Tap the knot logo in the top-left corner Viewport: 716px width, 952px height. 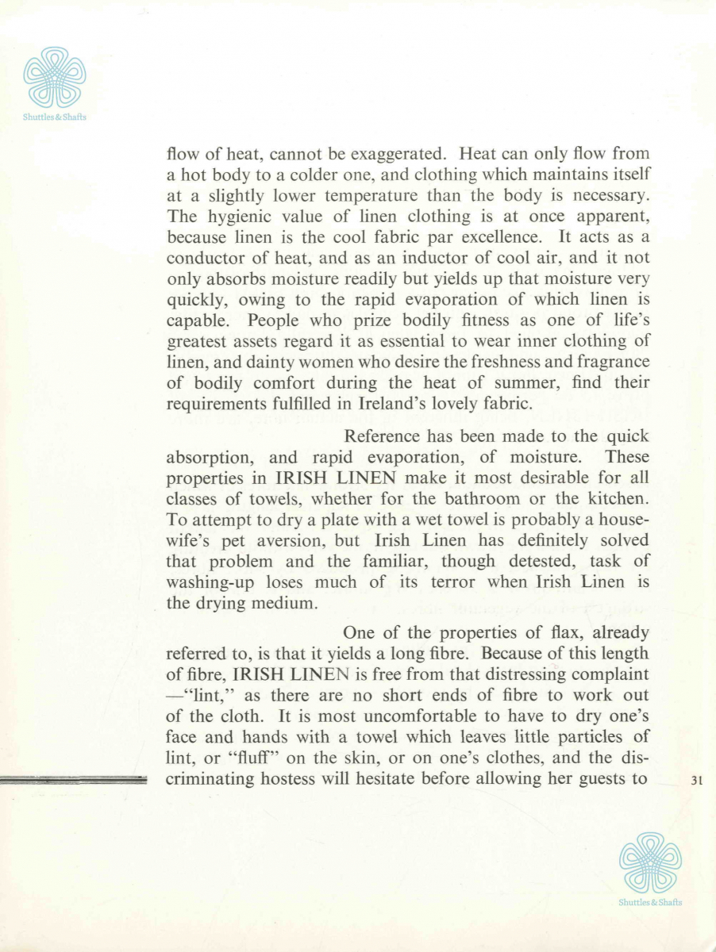(x=55, y=78)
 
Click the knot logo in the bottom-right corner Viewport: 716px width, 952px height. (x=649, y=862)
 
